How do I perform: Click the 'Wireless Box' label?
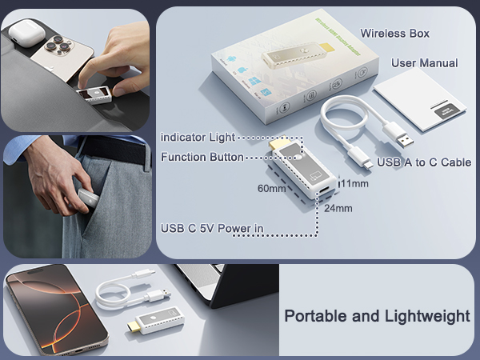[x=394, y=34]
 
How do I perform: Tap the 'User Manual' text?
[x=424, y=63]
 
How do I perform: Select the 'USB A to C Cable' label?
[x=424, y=162]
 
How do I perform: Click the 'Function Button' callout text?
[x=202, y=157]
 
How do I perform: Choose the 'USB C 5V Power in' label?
[x=212, y=229]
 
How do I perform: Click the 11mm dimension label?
[x=354, y=183]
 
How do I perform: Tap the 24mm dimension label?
[x=338, y=209]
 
